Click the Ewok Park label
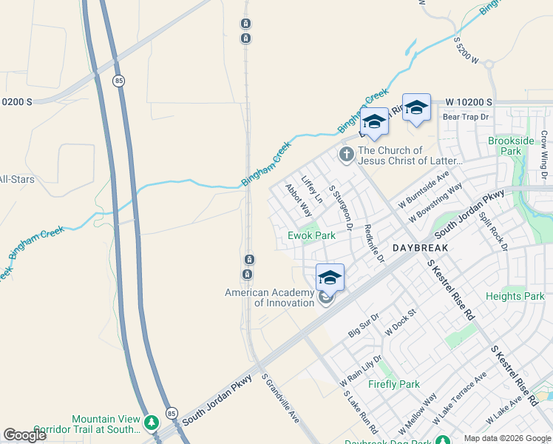coord(311,235)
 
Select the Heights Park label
coord(515,296)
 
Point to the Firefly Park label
coord(394,384)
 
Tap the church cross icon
coord(345,155)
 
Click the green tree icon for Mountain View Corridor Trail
coord(152,423)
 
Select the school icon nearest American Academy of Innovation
coord(330,277)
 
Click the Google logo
coord(25,435)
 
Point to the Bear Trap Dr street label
coord(466,117)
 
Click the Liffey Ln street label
coord(313,190)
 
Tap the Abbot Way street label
coord(299,200)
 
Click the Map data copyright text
coord(507,438)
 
